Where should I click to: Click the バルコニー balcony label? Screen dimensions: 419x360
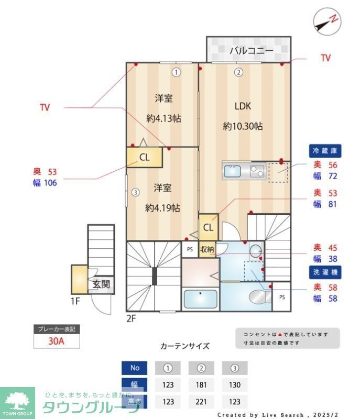point(251,51)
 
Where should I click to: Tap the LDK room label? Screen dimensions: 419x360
point(243,106)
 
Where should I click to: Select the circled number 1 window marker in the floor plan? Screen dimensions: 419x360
point(177,73)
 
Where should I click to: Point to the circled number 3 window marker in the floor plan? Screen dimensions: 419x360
point(135,192)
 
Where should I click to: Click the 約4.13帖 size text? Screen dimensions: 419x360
point(163,118)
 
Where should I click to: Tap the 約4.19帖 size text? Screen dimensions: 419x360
point(162,208)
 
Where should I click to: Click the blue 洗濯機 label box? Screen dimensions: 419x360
point(325,272)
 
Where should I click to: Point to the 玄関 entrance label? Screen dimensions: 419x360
point(102,284)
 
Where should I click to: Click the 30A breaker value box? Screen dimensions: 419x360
point(57,341)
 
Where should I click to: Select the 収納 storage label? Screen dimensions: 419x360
point(207,249)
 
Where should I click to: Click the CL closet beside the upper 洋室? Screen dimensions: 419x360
point(144,157)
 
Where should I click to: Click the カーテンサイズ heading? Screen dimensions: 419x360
point(184,346)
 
